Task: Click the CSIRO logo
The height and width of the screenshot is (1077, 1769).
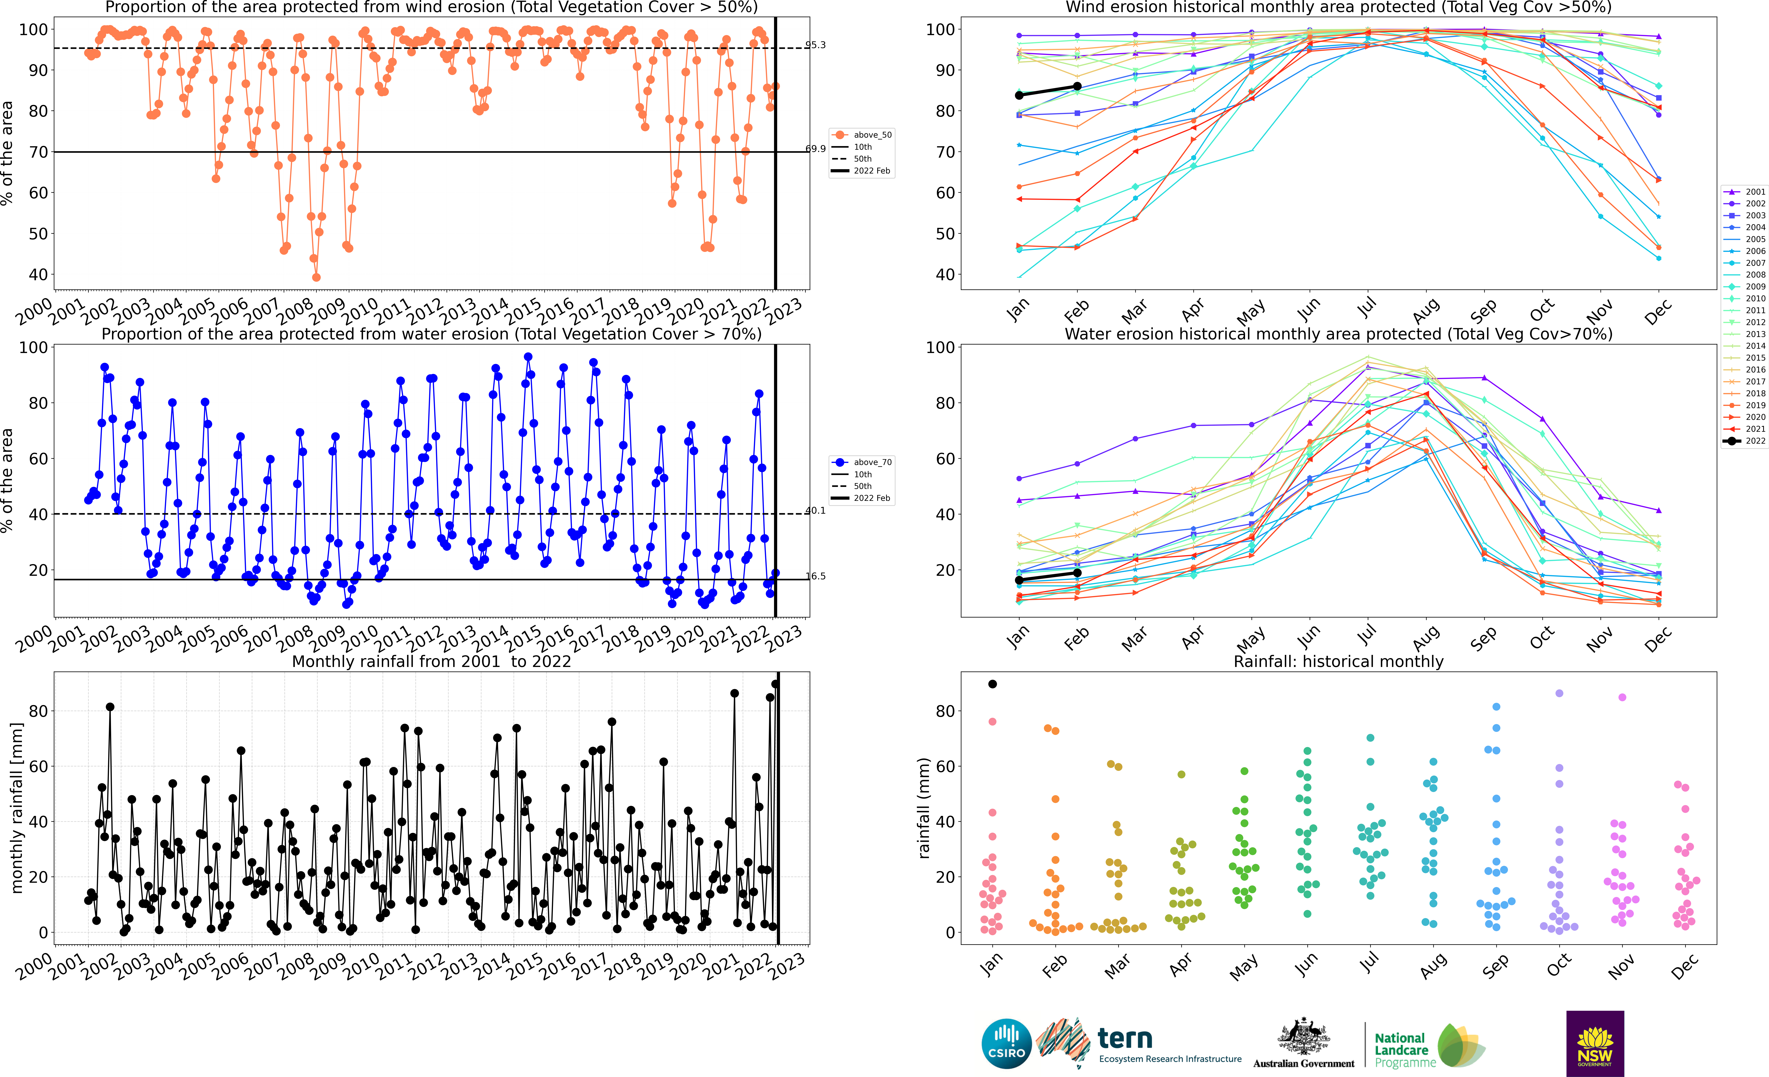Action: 1006,1043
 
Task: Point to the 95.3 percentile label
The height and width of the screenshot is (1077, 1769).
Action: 816,45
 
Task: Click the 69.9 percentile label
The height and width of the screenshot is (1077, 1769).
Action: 816,149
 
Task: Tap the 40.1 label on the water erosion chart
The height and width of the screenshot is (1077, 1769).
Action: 816,510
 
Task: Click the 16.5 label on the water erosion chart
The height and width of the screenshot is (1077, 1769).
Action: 816,576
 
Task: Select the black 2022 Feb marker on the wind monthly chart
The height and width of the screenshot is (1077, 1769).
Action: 1077,86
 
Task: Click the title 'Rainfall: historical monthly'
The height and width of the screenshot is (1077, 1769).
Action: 1338,661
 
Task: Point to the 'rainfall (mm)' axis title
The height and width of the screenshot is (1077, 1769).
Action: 924,808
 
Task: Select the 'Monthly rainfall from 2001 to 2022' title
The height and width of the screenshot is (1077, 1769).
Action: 431,661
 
